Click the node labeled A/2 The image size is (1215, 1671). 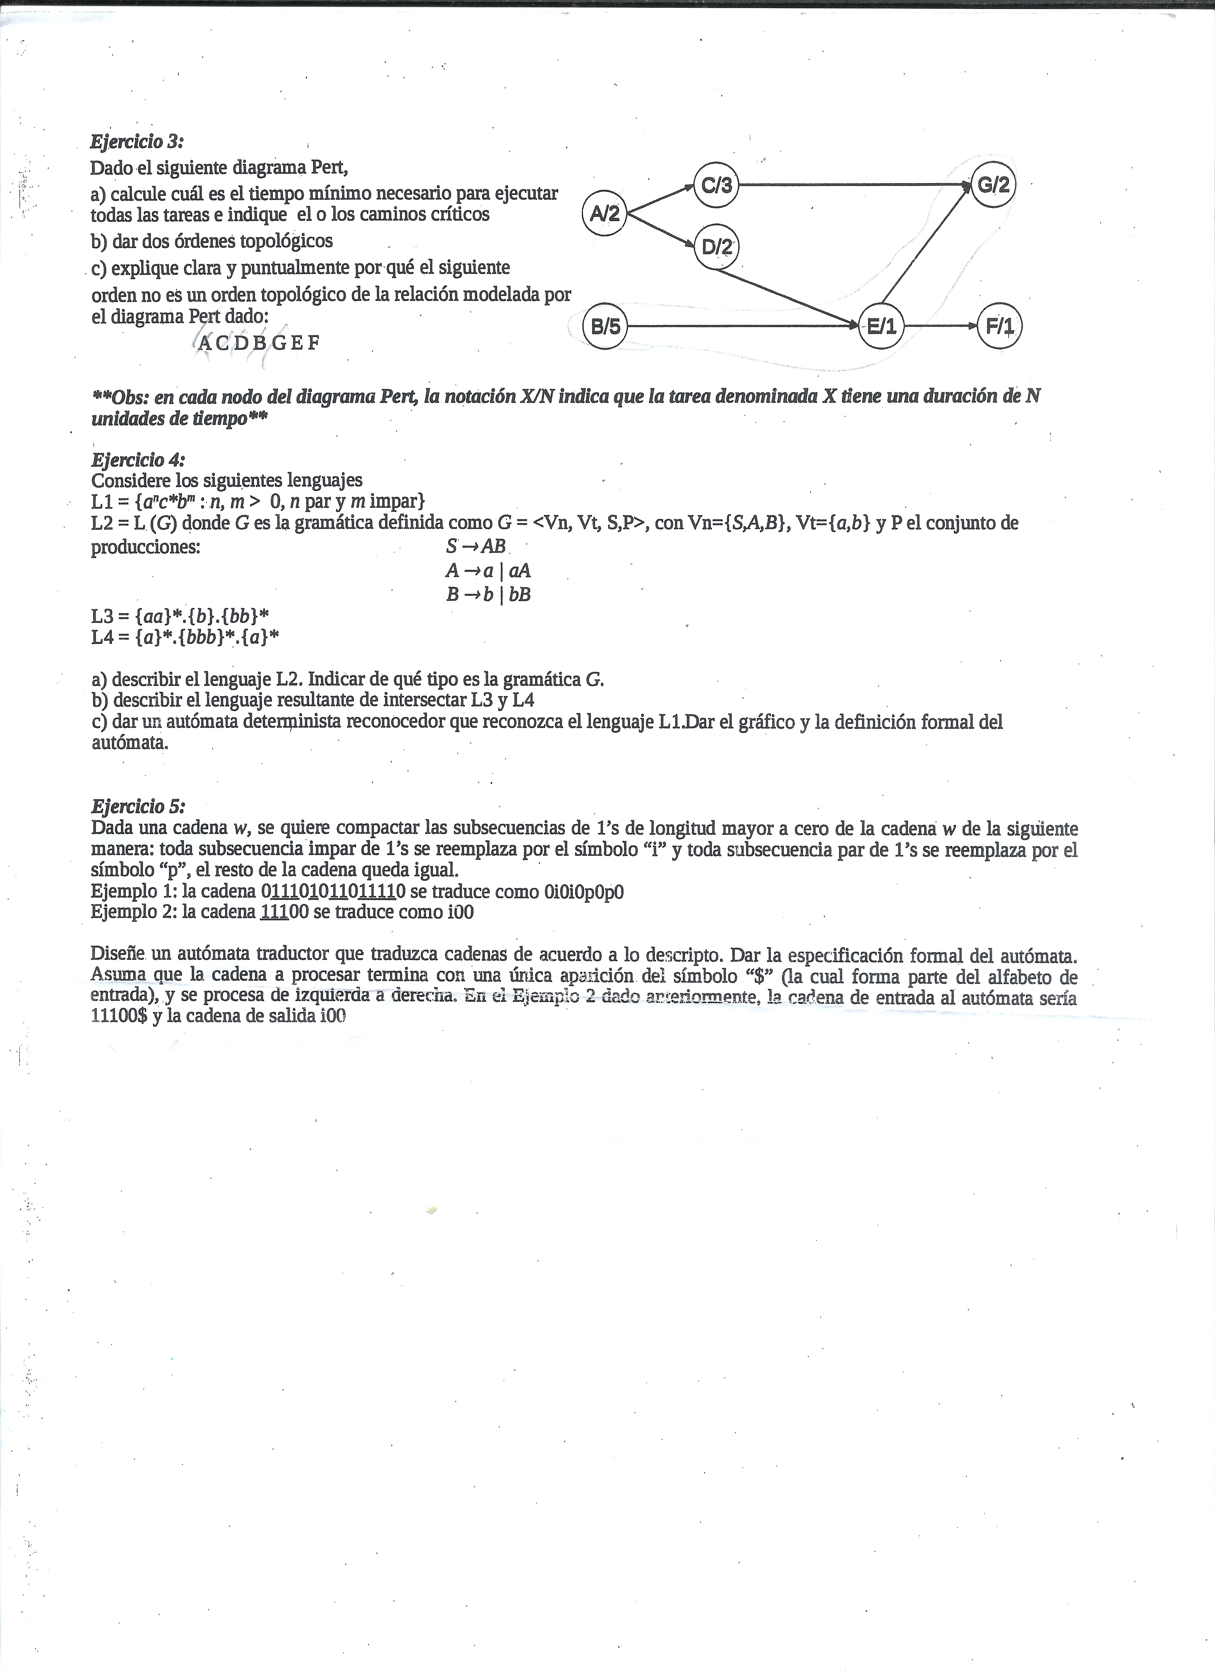click(x=604, y=214)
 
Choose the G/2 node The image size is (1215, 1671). click(x=992, y=185)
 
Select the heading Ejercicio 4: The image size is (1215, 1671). click(x=138, y=460)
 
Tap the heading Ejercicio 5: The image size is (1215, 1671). click(x=138, y=805)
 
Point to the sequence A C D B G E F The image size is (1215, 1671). click(x=259, y=343)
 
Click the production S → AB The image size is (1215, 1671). click(x=475, y=547)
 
